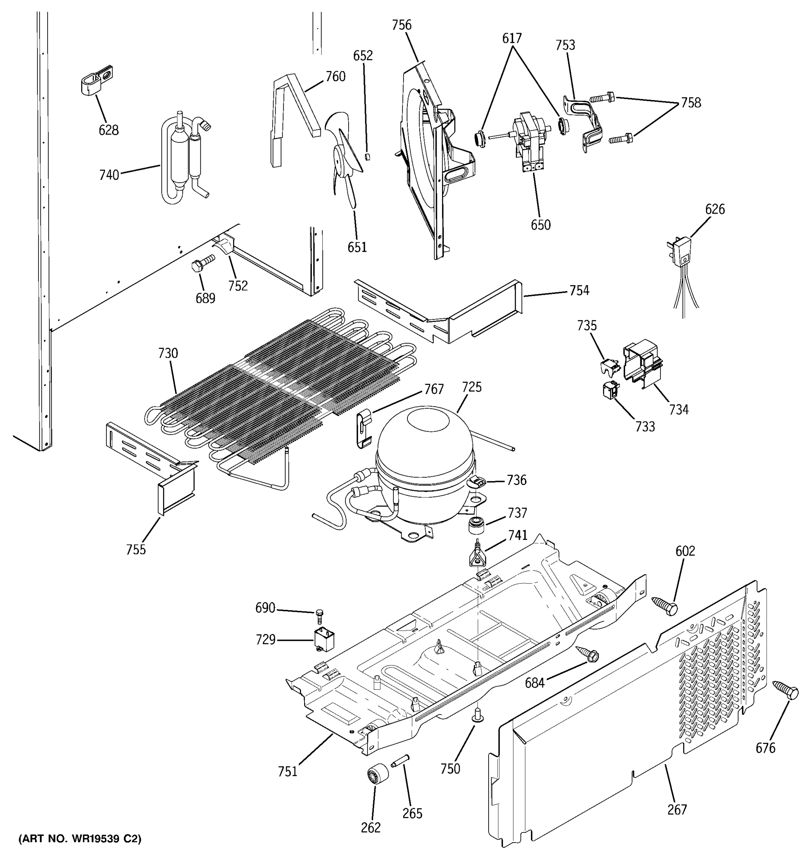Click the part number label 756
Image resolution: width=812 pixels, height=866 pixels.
[401, 25]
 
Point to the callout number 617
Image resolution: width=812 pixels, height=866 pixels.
[512, 39]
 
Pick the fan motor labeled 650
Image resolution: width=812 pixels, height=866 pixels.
[528, 141]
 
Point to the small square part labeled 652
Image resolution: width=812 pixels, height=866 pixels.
[367, 156]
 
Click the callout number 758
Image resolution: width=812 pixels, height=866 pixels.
[691, 103]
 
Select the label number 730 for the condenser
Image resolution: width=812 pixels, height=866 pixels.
[168, 353]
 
